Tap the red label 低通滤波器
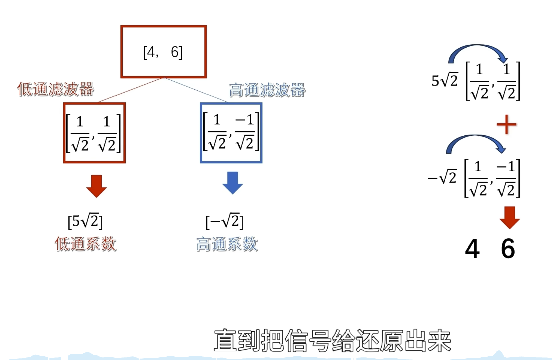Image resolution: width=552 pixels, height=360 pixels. pos(56,89)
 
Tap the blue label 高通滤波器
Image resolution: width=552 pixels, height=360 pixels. pos(267,90)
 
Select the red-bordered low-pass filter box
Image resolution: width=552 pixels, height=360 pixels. pos(94,133)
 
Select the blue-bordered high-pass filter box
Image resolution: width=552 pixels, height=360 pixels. pos(231,133)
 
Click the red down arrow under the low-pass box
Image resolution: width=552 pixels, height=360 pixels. pos(96,186)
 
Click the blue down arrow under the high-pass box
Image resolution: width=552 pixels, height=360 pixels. pos(232,183)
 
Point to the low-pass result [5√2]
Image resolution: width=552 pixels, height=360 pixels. pos(85,221)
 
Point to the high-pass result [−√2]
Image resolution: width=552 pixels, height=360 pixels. pos(224,221)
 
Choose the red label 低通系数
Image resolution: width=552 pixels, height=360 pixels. pos(86,244)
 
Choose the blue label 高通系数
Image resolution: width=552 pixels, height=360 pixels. pos(227,244)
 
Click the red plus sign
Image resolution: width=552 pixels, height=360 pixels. pos(506,125)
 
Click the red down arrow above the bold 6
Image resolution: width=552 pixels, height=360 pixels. pos(509,218)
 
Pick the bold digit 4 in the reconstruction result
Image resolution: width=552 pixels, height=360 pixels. pos(472,249)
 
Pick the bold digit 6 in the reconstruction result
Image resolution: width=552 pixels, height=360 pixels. pos(508,249)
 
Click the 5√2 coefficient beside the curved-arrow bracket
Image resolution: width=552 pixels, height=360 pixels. pos(445,81)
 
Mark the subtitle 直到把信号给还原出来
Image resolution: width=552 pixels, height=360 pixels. pos(332,341)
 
